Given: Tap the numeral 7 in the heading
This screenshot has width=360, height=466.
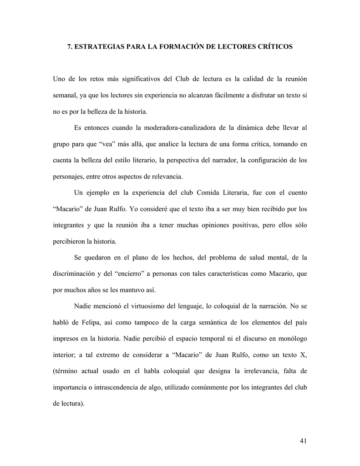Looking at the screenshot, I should (69, 47).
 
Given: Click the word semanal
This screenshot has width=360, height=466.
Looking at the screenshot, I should (65, 96).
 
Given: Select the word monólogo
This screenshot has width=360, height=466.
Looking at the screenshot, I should (290, 339).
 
